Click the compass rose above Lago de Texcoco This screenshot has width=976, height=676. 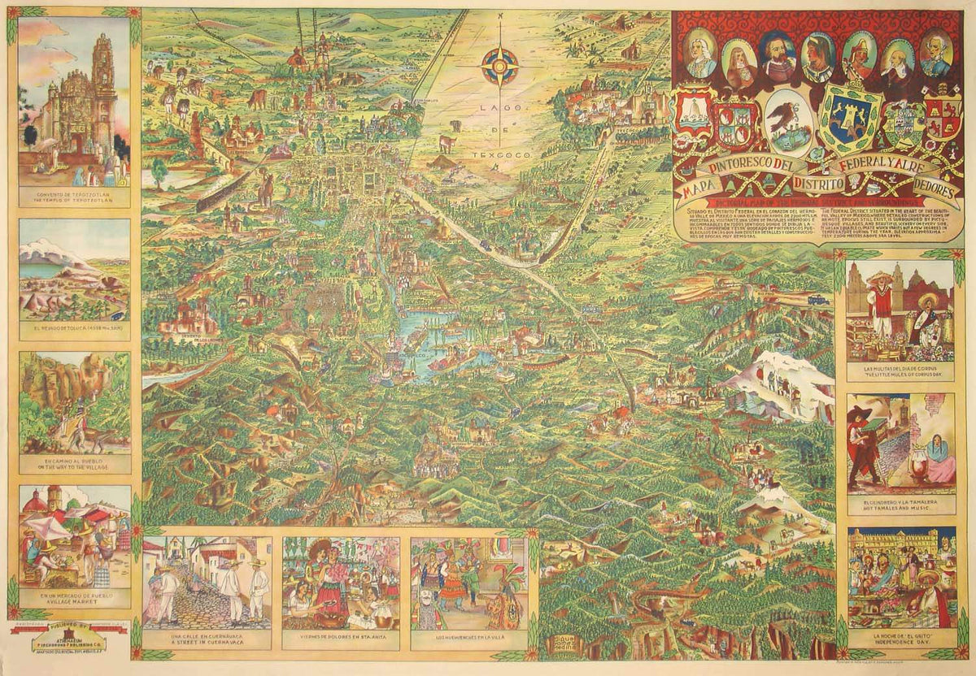[500, 67]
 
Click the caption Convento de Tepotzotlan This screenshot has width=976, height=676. [74, 194]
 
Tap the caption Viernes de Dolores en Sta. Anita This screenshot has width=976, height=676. [341, 636]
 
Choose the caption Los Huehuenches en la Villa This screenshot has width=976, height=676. [469, 636]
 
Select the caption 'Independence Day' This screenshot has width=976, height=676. [900, 639]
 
